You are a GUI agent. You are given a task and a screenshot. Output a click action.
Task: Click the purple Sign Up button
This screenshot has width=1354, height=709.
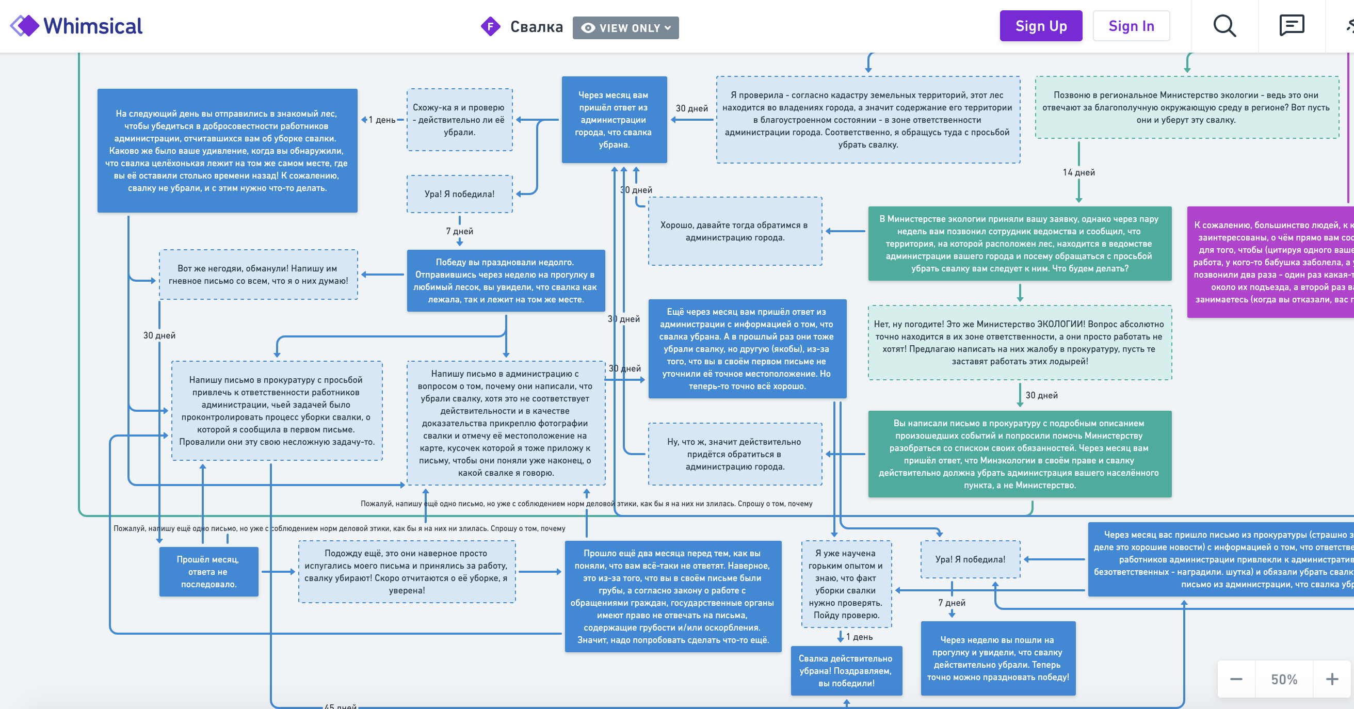coord(1040,26)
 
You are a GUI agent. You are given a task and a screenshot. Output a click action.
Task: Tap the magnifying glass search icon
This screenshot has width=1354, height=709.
coord(1224,26)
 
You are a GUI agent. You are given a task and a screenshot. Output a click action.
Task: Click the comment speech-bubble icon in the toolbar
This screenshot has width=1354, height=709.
coord(1292,26)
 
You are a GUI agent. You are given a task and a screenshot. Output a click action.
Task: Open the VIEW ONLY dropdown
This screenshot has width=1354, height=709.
coord(625,28)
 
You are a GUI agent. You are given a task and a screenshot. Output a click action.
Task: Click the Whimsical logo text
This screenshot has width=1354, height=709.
coord(92,26)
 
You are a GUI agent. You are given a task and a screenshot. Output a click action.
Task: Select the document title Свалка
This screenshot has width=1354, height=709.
coord(536,27)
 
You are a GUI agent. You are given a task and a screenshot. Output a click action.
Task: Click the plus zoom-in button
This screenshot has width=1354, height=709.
coord(1331,679)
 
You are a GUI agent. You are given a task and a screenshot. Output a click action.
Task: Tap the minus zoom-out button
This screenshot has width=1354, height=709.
coord(1236,679)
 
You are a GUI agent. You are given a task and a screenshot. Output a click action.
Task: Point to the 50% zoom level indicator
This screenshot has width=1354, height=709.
coord(1284,679)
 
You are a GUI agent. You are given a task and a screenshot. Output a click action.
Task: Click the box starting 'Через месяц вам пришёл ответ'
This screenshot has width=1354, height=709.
coord(614,120)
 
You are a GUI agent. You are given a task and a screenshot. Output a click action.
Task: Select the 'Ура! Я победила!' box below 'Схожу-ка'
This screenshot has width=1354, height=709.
coord(459,194)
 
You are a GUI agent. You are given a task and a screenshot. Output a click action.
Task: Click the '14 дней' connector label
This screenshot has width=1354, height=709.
coord(1078,172)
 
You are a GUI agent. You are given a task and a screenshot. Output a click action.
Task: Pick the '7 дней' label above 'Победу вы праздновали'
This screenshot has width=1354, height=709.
coord(459,231)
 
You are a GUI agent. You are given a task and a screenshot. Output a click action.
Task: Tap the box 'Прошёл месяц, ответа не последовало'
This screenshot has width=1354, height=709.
coord(208,571)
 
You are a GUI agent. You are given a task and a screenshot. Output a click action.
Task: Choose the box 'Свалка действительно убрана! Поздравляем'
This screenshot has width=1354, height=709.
coord(846,671)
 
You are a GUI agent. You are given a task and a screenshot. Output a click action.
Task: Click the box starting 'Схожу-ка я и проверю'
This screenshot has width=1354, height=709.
coord(459,120)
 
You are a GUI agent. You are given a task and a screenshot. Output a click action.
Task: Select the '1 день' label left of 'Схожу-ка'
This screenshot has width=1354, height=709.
coord(382,120)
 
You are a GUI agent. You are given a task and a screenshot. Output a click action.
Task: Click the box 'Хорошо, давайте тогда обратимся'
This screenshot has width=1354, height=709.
coord(735,231)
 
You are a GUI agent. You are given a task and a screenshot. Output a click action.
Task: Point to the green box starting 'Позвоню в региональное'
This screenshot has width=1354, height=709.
coord(1186,108)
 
